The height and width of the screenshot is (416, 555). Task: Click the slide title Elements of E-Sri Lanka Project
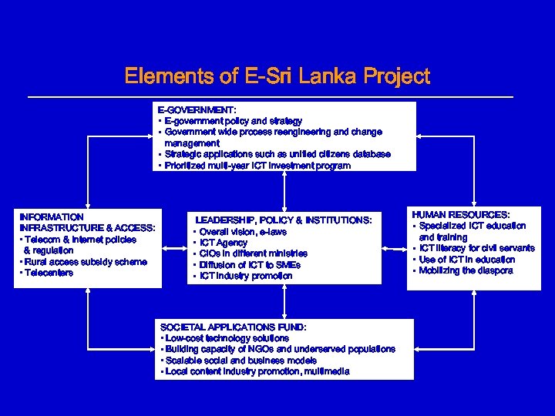tap(277, 77)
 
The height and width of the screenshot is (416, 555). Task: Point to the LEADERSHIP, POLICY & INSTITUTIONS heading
tap(283, 220)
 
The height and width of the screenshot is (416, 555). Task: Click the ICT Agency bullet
tap(224, 243)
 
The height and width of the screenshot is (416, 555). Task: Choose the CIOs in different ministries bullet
tap(253, 253)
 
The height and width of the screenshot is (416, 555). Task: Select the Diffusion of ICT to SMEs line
tap(250, 265)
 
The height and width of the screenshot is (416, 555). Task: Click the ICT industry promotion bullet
tap(246, 276)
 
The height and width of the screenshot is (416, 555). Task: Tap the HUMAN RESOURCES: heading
tap(461, 214)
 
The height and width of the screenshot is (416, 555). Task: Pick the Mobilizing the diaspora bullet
tap(466, 271)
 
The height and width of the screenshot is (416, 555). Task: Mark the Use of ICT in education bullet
tap(467, 260)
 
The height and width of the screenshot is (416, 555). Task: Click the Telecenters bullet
tap(48, 273)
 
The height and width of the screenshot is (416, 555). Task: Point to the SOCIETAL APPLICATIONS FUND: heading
tap(232, 327)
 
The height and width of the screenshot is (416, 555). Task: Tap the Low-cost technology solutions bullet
tap(225, 338)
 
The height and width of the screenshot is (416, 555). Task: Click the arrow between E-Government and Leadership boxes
tap(284, 190)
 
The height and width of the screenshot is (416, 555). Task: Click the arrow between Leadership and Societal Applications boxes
tap(284, 301)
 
